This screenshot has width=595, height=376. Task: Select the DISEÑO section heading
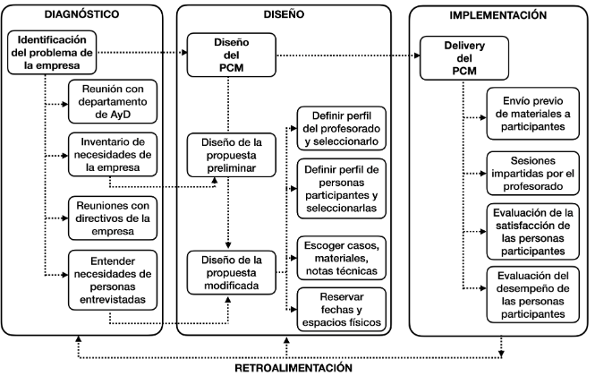click(284, 16)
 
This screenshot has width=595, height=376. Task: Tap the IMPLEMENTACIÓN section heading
click(497, 16)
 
